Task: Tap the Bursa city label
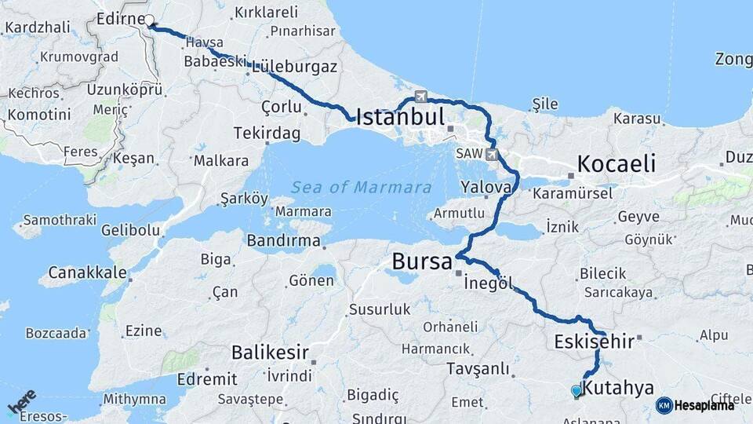423,261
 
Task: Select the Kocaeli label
616,163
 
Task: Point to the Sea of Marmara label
361,188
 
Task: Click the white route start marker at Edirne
149,20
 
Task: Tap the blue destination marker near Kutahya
577,390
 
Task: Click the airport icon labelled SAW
492,154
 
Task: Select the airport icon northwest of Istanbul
421,97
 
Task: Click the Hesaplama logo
695,405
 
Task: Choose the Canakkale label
88,272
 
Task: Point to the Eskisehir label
593,342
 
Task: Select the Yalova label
486,188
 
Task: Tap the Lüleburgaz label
295,68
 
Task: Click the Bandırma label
284,241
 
